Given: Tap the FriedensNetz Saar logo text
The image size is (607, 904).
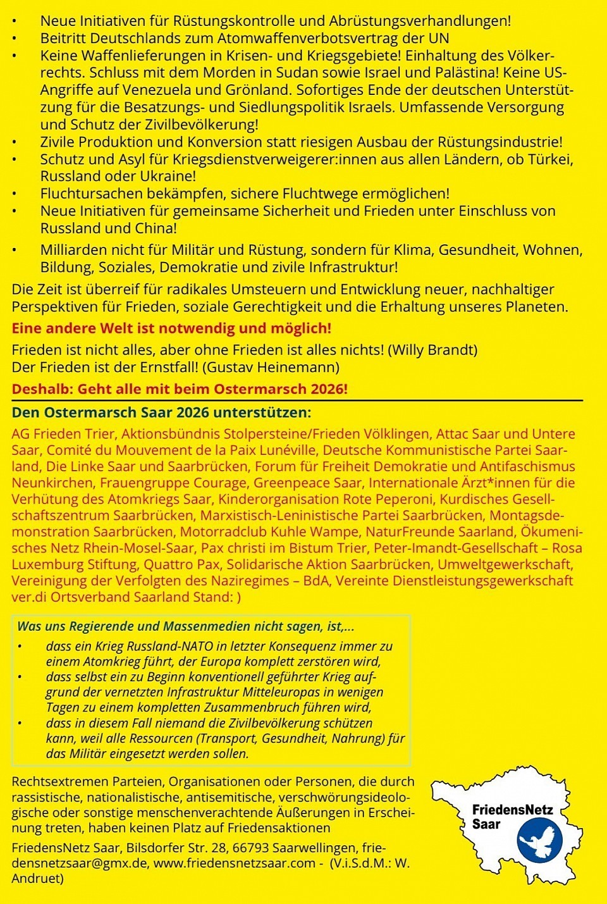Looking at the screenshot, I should [512, 817].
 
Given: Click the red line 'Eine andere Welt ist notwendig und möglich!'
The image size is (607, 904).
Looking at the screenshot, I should [171, 328].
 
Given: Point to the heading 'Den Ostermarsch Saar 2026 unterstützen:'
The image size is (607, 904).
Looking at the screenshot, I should [161, 412].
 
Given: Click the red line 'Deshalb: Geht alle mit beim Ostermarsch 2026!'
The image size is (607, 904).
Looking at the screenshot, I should [180, 389].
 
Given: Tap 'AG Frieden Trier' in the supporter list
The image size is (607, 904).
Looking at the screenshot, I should [63, 434].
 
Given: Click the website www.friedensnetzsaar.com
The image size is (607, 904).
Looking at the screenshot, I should [234, 863].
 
